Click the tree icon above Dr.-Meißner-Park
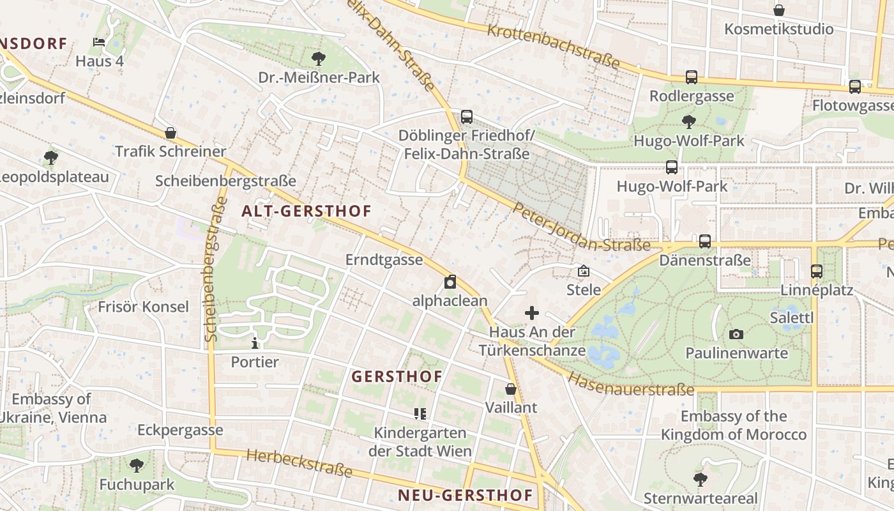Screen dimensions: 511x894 tap(318, 59)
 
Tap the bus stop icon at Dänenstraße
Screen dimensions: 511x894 tap(704, 241)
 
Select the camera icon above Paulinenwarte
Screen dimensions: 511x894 tap(736, 334)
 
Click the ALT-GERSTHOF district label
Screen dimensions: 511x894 tap(307, 211)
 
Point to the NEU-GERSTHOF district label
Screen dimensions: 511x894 tap(465, 495)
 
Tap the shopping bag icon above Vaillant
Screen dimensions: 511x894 tap(511, 388)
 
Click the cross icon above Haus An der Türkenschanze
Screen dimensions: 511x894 tap(532, 313)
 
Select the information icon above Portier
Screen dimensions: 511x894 tap(255, 343)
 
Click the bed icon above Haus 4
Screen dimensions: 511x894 tap(99, 42)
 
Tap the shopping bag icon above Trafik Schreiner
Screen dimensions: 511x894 tap(170, 133)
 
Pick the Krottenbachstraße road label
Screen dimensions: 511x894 tap(553, 47)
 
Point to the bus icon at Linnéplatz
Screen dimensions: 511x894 tap(817, 271)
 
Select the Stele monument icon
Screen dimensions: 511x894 tap(583, 271)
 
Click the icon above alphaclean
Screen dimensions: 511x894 tap(450, 282)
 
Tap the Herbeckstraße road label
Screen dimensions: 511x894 tap(299, 463)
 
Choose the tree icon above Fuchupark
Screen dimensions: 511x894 tap(136, 466)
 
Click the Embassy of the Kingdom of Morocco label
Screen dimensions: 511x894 tap(734, 425)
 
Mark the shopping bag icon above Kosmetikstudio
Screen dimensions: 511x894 tap(778, 10)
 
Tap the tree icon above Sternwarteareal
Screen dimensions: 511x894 tap(701, 479)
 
